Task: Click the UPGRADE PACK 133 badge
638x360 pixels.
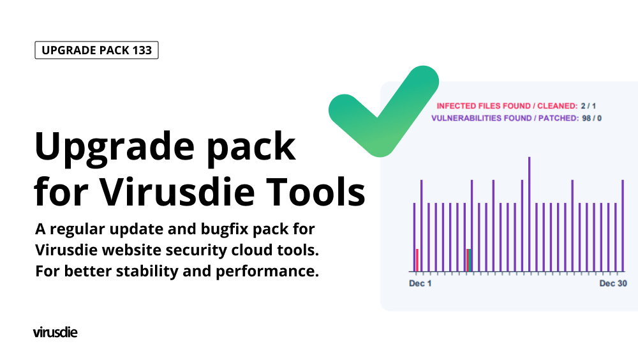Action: [x=96, y=50]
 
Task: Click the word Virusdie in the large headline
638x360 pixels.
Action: [x=177, y=191]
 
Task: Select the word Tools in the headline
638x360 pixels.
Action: [x=316, y=191]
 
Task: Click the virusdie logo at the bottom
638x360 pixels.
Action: [x=56, y=333]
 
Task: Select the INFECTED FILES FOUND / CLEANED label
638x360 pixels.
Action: [x=507, y=106]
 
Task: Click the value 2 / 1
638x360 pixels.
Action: [x=588, y=106]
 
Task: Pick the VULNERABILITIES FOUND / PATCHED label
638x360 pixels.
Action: [x=505, y=118]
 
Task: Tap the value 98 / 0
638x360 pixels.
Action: [x=591, y=118]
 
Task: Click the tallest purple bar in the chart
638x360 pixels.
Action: [x=530, y=214]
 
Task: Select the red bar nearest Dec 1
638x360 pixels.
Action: [x=417, y=260]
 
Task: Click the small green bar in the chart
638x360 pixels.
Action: [x=470, y=260]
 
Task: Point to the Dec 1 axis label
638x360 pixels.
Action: [x=420, y=283]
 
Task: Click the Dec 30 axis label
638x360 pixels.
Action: [x=613, y=283]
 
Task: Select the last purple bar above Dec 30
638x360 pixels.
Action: [x=623, y=225]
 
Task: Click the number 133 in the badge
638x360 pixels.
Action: [x=142, y=50]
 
